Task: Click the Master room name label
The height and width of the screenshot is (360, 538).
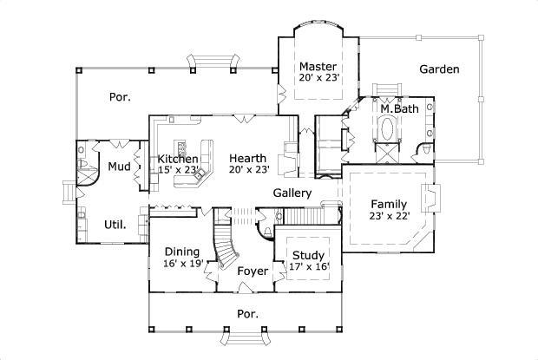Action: [318, 66]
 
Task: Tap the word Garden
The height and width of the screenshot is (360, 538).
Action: [439, 69]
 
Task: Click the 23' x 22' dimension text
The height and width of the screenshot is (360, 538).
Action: [389, 216]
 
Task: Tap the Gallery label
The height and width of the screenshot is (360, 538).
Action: [292, 192]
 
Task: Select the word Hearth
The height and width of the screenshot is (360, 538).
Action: [247, 159]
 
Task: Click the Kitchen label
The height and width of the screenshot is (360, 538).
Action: [178, 159]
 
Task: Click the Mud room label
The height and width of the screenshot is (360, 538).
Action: [119, 167]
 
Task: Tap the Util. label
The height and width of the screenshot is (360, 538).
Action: [115, 224]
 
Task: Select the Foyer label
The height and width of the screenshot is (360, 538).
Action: [253, 272]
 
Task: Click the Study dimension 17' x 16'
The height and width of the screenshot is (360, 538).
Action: [308, 267]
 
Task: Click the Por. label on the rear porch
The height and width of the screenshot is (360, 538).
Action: [120, 97]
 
